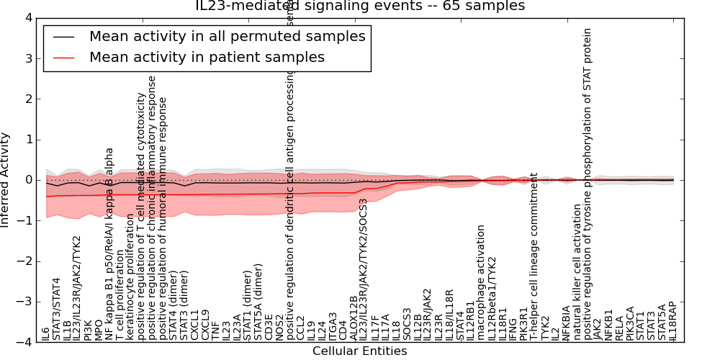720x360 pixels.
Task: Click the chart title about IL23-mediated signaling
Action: [x=360, y=6]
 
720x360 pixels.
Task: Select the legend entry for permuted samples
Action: [x=227, y=36]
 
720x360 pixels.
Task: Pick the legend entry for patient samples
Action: [x=207, y=58]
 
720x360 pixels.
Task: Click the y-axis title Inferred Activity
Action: [x=6, y=179]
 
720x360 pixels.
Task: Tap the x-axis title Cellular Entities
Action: [x=359, y=351]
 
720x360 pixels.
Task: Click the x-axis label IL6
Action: [x=46, y=334]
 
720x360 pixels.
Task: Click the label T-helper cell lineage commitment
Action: [x=534, y=256]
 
